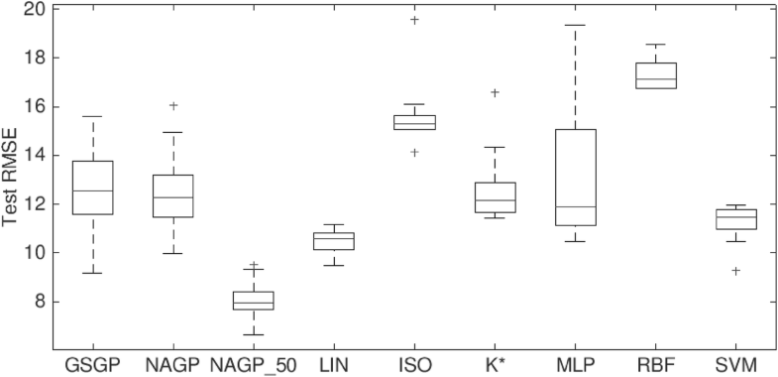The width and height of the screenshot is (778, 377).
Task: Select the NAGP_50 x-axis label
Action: (x=253, y=364)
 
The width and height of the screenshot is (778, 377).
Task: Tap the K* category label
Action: (x=495, y=364)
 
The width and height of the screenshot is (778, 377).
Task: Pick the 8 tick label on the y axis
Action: (x=40, y=302)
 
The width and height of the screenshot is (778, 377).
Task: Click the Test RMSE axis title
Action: (x=12, y=179)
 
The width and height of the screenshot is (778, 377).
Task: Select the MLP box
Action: (x=576, y=178)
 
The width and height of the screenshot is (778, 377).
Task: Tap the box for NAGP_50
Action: (x=253, y=301)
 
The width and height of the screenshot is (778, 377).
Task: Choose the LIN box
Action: (x=334, y=241)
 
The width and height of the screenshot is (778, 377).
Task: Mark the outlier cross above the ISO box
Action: (x=414, y=20)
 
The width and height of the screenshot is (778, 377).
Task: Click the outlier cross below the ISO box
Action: (x=414, y=152)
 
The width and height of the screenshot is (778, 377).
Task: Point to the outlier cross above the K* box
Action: (x=495, y=92)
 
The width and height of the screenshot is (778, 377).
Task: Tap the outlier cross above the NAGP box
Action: (x=172, y=105)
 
